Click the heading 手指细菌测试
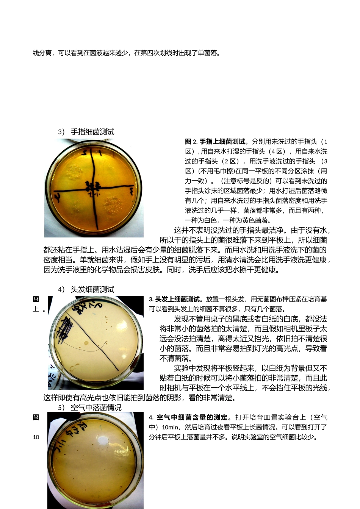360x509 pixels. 92,132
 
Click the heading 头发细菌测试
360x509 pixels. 92,289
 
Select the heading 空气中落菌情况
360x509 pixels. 96,408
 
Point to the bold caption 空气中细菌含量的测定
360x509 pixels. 195,417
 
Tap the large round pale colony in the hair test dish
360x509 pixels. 86,343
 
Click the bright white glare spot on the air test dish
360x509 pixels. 103,441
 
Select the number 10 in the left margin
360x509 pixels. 36,437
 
